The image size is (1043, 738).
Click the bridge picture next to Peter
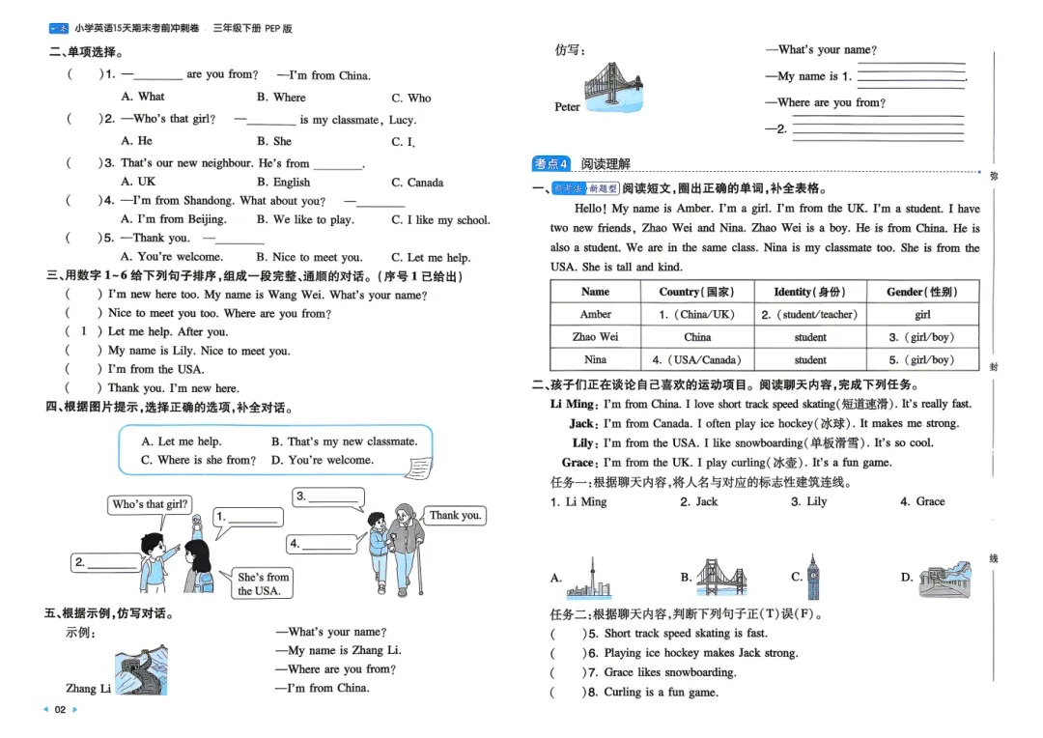613,87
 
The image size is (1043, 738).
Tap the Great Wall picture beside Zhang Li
141,669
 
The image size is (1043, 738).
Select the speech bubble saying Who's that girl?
150,504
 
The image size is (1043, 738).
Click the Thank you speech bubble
455,516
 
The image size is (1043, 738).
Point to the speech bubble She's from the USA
263,583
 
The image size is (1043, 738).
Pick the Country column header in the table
696,292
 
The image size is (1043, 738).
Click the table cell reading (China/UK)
696,314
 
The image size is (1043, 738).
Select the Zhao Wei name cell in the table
595,337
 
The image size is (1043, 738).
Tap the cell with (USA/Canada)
696,360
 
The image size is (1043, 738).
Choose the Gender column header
922,292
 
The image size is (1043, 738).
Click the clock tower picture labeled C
813,577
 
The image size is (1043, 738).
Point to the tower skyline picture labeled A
589,578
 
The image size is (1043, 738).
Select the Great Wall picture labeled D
945,579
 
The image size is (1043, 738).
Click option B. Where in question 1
281,98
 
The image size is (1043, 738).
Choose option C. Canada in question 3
417,183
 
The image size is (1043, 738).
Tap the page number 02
60,709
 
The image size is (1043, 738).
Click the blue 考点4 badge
551,163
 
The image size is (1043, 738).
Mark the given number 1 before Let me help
83,331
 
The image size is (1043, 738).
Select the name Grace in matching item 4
930,501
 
